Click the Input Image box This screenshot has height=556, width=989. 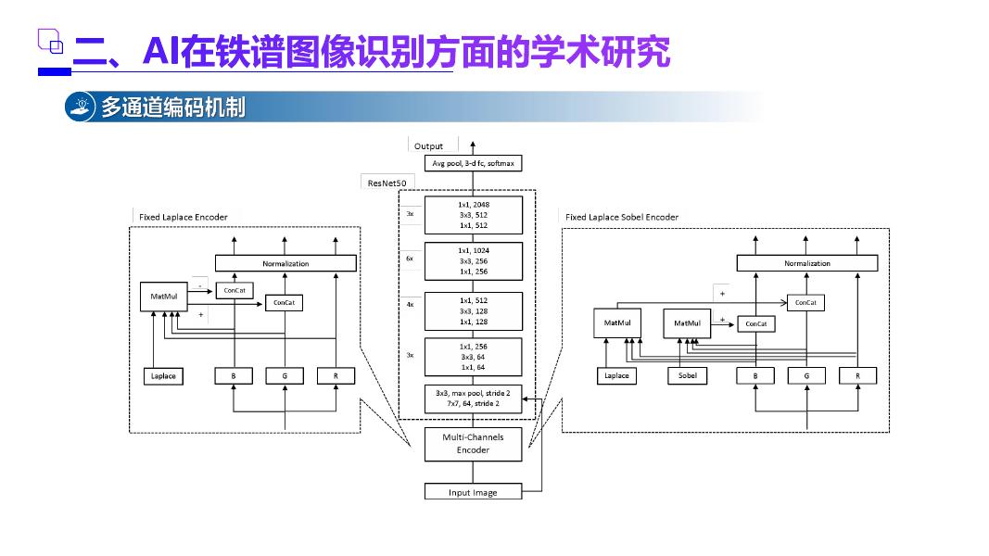point(473,492)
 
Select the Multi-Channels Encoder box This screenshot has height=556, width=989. point(473,443)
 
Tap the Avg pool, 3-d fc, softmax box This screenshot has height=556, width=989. point(473,163)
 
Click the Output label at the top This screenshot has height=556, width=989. point(428,146)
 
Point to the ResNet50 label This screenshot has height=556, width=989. point(387,183)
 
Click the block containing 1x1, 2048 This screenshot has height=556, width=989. point(473,214)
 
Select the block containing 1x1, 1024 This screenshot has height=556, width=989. point(473,260)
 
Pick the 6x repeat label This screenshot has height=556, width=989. point(410,258)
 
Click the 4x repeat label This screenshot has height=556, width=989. point(410,304)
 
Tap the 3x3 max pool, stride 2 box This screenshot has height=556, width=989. point(473,398)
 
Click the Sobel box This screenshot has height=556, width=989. point(687,375)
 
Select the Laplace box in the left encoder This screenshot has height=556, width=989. point(163,375)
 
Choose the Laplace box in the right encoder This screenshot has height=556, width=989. point(616,375)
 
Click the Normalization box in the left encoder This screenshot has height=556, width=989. point(285,263)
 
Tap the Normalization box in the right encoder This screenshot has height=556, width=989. point(806,263)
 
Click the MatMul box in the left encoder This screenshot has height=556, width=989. point(163,297)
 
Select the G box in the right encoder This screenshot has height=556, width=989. point(806,375)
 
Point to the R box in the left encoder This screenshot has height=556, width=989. point(336,375)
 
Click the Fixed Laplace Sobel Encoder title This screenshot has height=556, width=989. point(622,217)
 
